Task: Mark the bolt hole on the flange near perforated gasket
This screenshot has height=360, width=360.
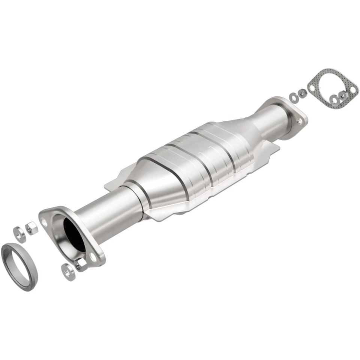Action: click(299, 121)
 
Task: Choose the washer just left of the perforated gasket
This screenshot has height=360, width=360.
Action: click(294, 96)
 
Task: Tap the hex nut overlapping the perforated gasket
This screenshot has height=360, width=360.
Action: click(342, 95)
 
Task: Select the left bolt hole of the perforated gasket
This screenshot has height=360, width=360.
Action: click(312, 88)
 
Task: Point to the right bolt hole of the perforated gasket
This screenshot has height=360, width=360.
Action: click(352, 89)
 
